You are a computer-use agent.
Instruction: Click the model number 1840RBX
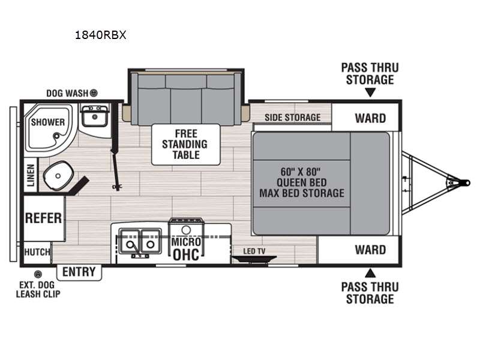tap(100, 35)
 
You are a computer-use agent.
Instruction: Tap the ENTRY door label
tap(79, 272)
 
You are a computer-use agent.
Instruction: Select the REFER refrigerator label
tap(43, 218)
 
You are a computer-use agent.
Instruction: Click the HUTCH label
tap(37, 252)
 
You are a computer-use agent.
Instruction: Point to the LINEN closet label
tap(31, 175)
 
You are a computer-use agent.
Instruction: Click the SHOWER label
tap(48, 122)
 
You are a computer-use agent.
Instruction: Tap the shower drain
tap(56, 136)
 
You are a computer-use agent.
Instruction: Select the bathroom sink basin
tap(95, 116)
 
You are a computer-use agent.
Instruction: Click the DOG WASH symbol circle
tap(94, 93)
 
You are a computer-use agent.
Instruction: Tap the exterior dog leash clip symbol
tap(38, 274)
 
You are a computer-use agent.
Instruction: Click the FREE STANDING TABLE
tap(185, 145)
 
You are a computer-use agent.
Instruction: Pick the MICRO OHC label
tap(186, 249)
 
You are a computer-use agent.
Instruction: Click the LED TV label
tap(254, 251)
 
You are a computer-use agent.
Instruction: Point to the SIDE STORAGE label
tap(293, 118)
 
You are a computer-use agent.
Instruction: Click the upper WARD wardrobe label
tap(370, 118)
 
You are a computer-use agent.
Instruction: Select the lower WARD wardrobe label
tap(370, 250)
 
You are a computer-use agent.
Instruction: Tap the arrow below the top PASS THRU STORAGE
tap(370, 92)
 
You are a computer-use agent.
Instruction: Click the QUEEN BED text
tap(302, 183)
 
